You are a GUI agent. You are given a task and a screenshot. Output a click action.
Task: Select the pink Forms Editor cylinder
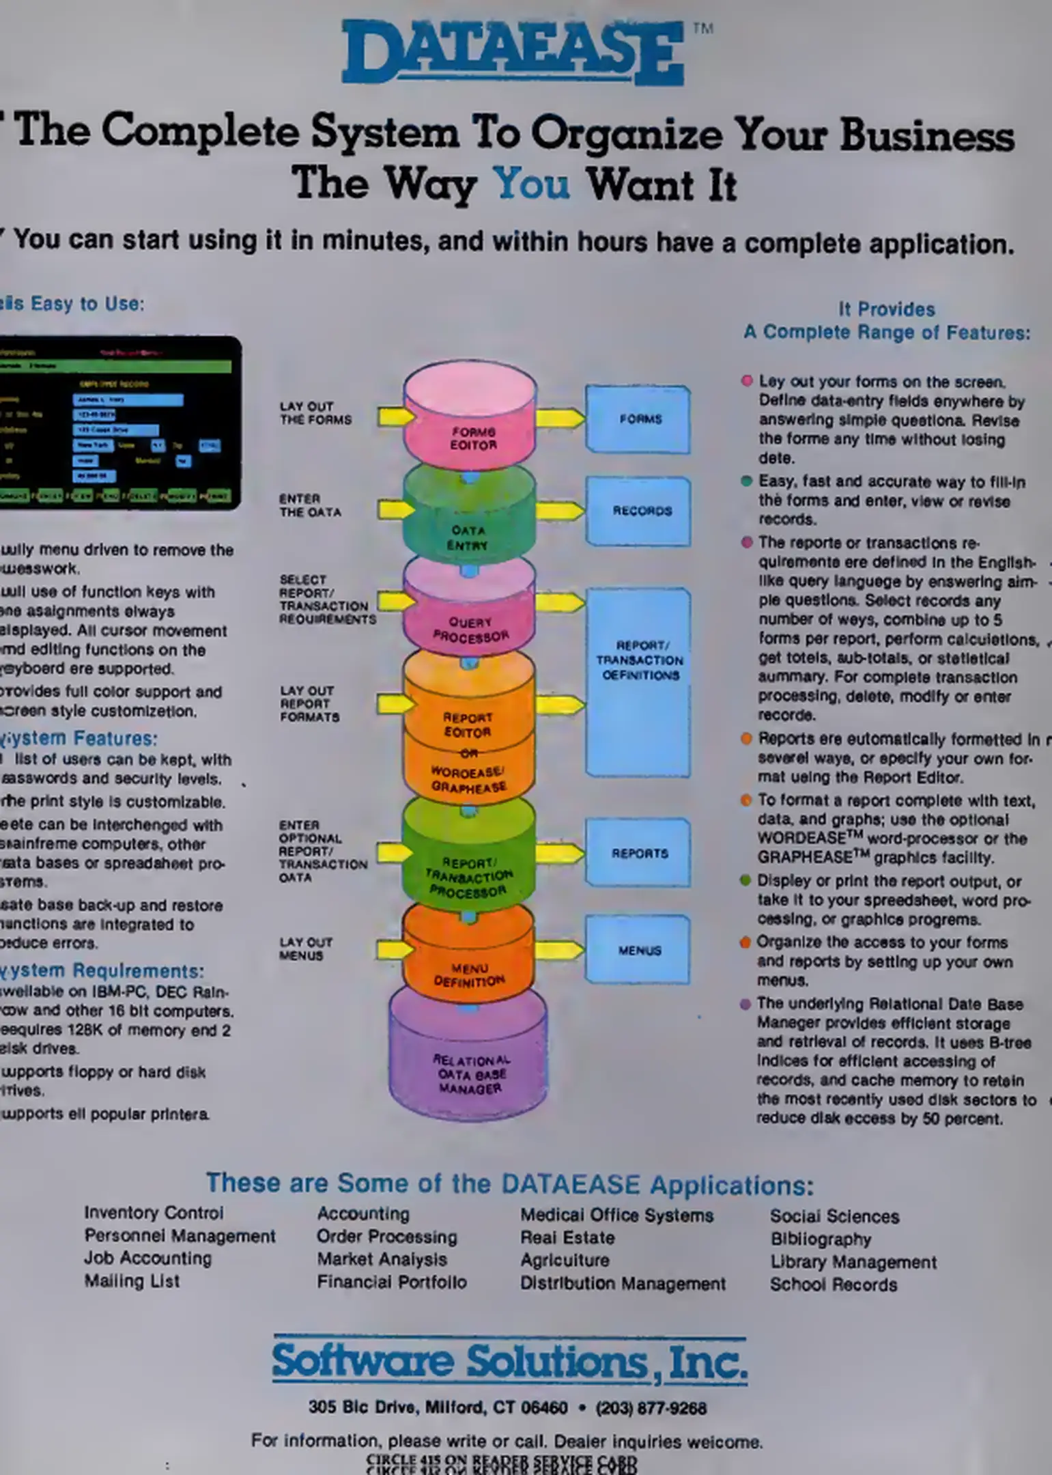point(470,417)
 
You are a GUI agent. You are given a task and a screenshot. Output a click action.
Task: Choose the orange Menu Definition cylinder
point(468,956)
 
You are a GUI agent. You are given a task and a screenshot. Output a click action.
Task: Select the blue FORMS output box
point(639,419)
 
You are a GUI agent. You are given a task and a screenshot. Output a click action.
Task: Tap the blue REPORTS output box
point(638,853)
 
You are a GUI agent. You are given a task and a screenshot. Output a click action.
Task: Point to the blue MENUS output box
point(638,950)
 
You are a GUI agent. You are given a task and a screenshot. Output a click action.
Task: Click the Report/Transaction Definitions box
point(639,683)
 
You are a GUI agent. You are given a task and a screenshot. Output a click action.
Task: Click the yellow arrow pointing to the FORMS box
point(560,418)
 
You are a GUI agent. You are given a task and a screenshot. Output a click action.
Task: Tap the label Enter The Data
point(309,505)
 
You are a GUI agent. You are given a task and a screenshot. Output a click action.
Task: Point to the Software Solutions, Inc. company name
point(509,1362)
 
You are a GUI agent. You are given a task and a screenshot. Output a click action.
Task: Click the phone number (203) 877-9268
point(651,1407)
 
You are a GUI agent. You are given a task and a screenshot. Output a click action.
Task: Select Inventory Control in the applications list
point(154,1213)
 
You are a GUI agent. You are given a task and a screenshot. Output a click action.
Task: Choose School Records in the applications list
point(833,1284)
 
